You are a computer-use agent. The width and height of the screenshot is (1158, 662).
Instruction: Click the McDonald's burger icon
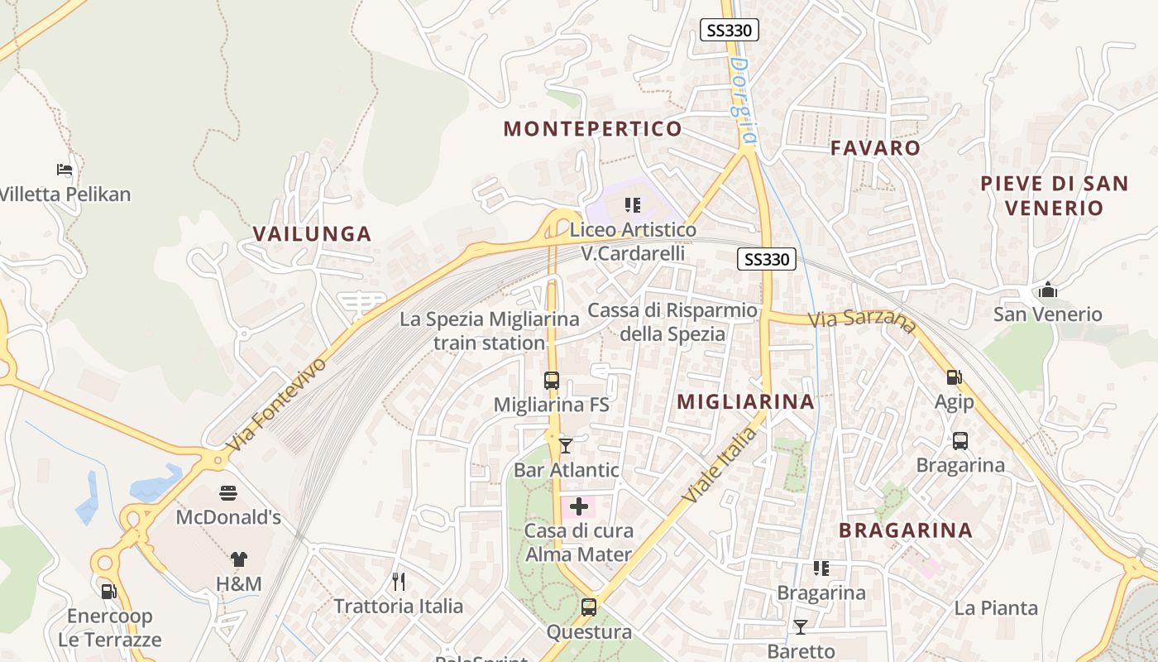(x=229, y=493)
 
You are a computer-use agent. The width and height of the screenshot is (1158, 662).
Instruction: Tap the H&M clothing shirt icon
(x=239, y=559)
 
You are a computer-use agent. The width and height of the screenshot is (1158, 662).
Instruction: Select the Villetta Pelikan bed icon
(x=65, y=170)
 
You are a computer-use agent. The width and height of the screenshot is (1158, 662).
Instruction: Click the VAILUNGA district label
(x=312, y=233)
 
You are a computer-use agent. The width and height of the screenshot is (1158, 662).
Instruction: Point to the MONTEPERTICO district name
(x=592, y=128)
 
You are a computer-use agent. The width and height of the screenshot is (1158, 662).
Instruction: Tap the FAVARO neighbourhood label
(x=875, y=148)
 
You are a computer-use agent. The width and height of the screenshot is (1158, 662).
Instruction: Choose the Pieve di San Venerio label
(x=1055, y=195)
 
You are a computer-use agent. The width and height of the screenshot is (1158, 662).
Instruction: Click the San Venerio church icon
(x=1048, y=290)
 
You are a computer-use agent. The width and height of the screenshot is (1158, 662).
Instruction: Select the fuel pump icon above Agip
(x=954, y=377)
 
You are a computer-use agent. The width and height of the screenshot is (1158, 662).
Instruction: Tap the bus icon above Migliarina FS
(x=552, y=381)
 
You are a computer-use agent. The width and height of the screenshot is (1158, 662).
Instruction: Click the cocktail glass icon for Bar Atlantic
(x=566, y=445)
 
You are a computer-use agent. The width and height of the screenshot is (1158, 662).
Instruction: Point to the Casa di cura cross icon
(x=579, y=506)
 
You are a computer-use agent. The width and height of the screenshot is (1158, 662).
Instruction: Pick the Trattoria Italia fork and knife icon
(x=399, y=581)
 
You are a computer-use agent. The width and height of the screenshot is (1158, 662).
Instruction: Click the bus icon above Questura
(x=588, y=607)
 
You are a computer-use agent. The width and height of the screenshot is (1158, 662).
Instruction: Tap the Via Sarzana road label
(x=863, y=321)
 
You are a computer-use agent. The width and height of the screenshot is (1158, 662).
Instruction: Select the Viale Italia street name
(x=720, y=465)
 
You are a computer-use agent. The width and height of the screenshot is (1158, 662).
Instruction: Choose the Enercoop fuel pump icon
(x=108, y=592)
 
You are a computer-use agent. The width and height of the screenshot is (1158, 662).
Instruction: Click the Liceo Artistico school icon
(x=633, y=204)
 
